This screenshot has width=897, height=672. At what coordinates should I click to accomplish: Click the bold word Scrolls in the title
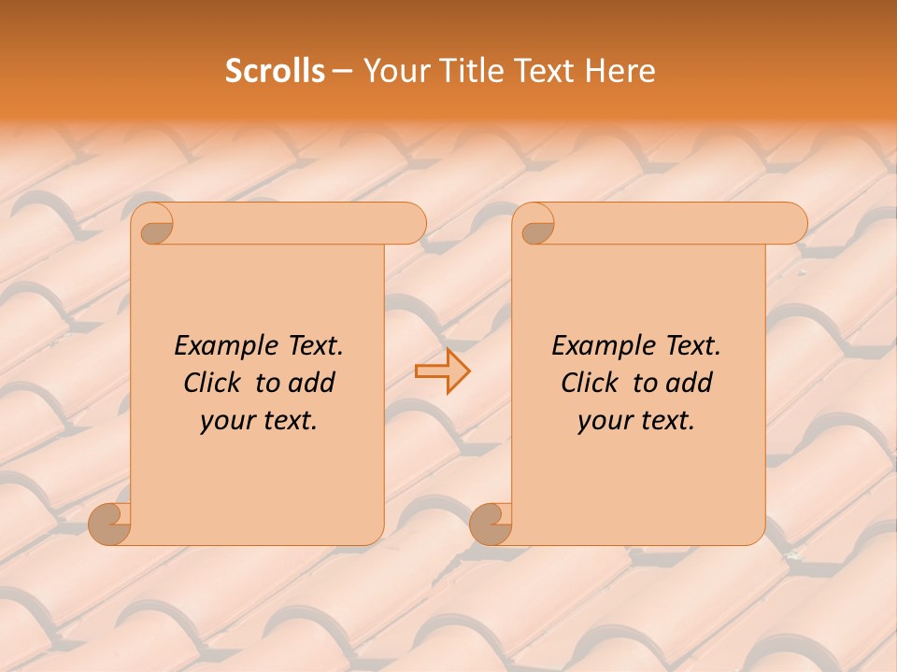pos(275,71)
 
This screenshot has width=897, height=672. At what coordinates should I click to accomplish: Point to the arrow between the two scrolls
pos(442,371)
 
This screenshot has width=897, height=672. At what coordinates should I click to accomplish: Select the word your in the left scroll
pos(226,421)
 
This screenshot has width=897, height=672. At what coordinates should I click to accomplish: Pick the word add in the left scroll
pos(312,383)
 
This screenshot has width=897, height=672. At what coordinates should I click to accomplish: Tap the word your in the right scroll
pos(604,421)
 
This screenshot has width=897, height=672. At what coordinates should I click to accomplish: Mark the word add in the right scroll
pos(690,383)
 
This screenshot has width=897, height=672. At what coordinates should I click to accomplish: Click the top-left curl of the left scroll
pos(154,225)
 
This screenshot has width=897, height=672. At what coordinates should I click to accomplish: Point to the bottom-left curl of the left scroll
pos(109,523)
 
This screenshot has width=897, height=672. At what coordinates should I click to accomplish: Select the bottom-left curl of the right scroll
pos(491,523)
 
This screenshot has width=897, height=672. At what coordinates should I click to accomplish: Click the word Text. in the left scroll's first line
pos(310,345)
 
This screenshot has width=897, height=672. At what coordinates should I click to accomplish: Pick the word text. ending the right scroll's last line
pos(664,421)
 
